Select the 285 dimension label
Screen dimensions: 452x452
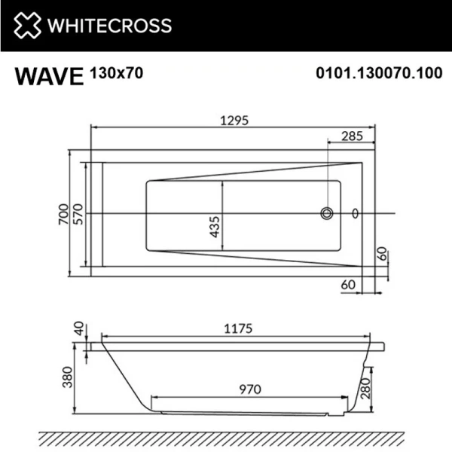pos(350,136)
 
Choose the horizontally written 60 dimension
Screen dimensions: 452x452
pos(348,284)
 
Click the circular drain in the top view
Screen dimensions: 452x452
pos(327,214)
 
